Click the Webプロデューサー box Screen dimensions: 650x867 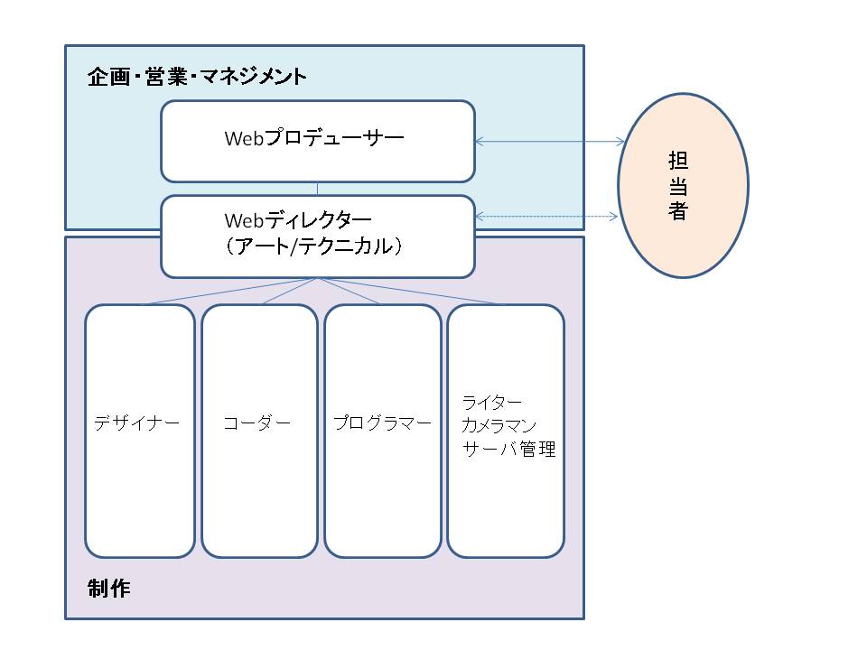point(317,141)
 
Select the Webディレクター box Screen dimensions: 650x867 point(317,236)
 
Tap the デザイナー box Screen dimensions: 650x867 point(139,431)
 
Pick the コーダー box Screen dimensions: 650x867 point(259,431)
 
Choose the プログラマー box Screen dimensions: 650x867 point(382,431)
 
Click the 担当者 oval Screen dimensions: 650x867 point(683,185)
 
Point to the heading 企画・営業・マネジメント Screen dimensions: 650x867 point(197,76)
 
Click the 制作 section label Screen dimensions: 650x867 point(109,589)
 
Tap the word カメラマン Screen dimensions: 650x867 point(499,425)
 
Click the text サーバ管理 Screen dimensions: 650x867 point(508,449)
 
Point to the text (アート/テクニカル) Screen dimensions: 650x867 point(312,246)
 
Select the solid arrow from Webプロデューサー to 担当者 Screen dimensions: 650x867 point(549,141)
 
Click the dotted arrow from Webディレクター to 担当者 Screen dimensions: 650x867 point(546,216)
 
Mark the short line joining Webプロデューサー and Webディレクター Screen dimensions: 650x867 point(317,188)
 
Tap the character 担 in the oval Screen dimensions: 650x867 point(678,161)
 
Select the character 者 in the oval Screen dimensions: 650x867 point(678,211)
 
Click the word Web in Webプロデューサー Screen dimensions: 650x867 point(242,139)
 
